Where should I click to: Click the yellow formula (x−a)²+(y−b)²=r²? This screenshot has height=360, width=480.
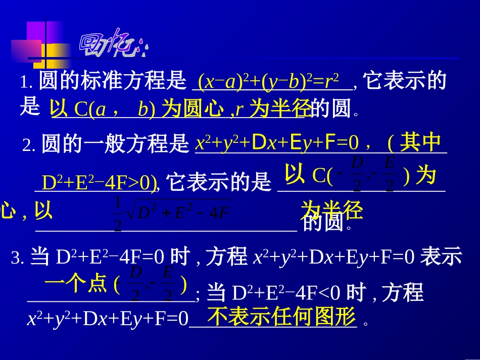coord(268,81)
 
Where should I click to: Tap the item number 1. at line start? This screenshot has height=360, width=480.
coord(26,83)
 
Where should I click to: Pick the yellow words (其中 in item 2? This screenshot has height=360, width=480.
coord(414,143)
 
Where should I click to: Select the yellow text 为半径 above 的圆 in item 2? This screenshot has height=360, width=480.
coord(332,210)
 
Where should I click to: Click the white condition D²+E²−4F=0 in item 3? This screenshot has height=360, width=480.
coord(110,258)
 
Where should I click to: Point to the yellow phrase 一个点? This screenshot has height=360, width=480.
coord(76,284)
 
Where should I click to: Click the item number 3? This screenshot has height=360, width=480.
coord(17,259)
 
